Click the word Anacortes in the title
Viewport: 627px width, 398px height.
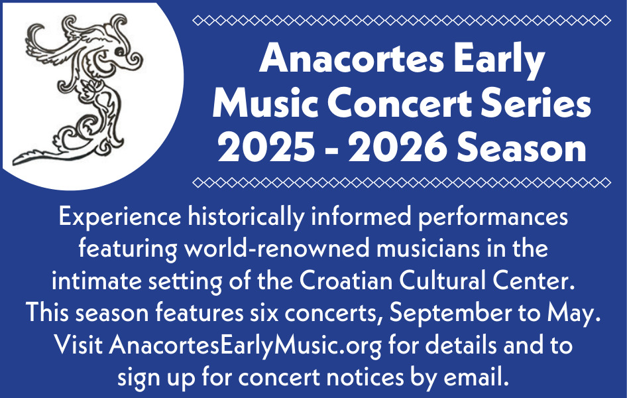(351, 58)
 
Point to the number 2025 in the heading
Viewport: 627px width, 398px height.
(266, 147)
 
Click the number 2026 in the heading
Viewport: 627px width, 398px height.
(398, 147)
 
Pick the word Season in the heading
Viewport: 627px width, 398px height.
(522, 147)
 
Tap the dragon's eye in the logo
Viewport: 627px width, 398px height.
(119, 51)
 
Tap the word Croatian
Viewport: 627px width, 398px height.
(346, 281)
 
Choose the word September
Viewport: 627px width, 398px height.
(450, 313)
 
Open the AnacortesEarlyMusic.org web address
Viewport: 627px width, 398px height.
(245, 345)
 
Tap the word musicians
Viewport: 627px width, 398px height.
(428, 248)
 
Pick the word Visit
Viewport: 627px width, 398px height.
(78, 344)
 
